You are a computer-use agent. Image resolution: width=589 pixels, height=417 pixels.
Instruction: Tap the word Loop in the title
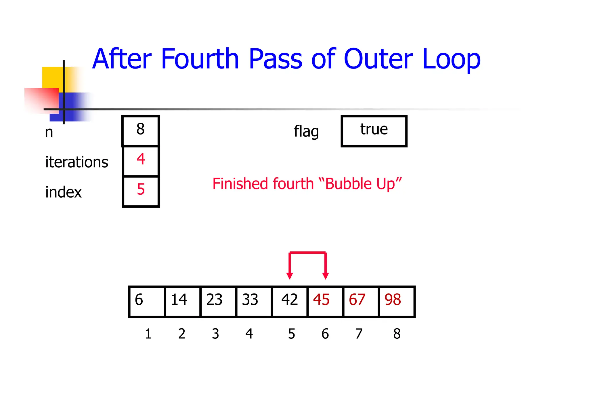(451, 60)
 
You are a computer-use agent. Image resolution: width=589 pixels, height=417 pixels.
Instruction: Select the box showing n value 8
(141, 130)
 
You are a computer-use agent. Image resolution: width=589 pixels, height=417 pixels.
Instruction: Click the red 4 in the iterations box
(141, 159)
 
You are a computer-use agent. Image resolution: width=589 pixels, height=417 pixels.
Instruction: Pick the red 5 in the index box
(141, 189)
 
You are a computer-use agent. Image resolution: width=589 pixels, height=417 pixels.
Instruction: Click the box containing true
(374, 131)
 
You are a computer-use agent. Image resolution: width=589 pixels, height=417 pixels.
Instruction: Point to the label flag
(306, 132)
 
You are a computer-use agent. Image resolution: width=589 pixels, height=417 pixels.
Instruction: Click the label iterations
(77, 162)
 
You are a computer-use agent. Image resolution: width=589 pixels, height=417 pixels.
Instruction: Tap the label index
(63, 192)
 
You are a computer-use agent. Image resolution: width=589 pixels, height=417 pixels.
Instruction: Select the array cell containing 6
(147, 301)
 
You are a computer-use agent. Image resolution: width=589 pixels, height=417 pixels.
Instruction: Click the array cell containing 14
(183, 301)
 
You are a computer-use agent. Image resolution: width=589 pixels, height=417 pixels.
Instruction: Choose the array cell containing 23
(218, 301)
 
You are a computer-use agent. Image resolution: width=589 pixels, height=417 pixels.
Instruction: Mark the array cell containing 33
(254, 301)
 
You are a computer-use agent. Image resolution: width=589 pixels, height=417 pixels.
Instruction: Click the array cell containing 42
(290, 301)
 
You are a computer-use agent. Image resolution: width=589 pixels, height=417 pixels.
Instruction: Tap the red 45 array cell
(325, 301)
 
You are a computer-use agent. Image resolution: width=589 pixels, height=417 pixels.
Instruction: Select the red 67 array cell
(361, 301)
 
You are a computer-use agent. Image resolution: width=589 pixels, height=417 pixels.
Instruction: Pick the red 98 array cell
(397, 301)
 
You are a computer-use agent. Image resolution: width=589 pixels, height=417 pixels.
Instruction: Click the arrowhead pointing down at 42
(290, 276)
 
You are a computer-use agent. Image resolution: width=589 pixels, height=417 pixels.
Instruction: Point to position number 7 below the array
(359, 334)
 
